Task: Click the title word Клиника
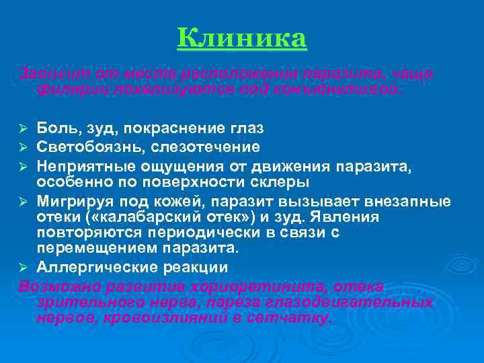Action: pos(242,38)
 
